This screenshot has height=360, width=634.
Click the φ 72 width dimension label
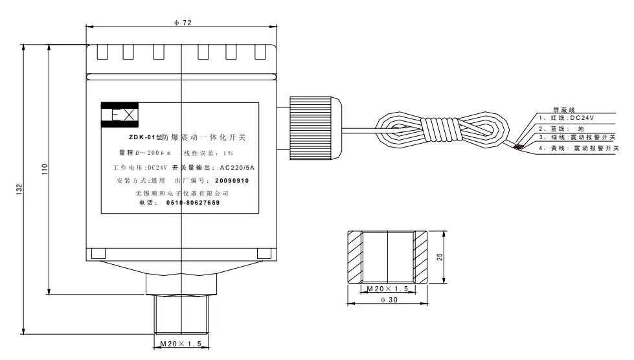click(183, 23)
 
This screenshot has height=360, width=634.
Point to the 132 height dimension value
click(21, 189)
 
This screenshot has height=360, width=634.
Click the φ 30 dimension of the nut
click(387, 300)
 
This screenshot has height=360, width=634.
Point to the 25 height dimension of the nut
click(440, 256)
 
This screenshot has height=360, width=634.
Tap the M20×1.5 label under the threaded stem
click(181, 343)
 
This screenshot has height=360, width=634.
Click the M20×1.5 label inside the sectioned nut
click(387, 288)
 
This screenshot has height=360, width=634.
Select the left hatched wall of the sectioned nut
click(355, 257)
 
